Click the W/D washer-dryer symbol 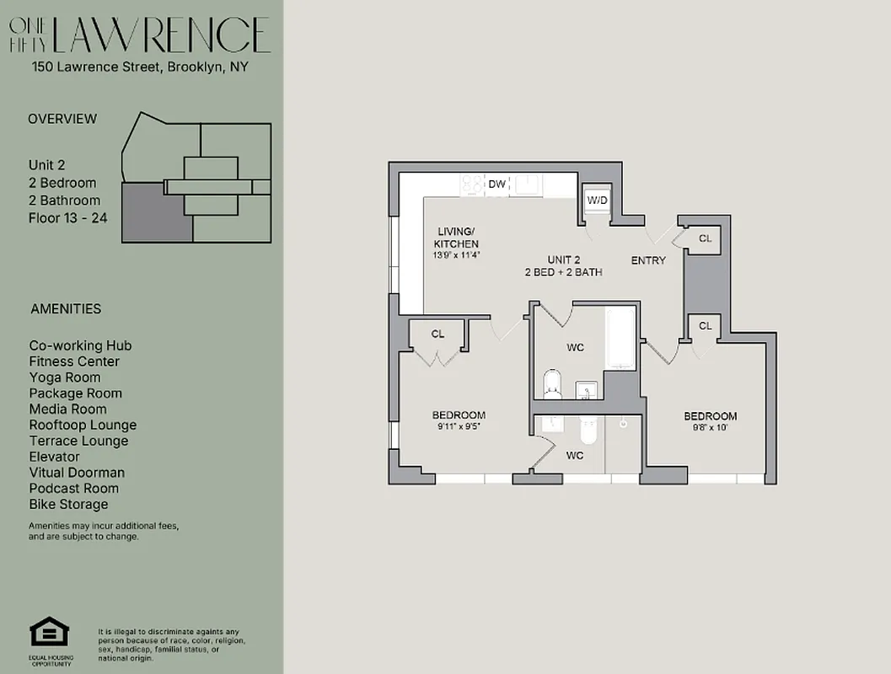click(597, 201)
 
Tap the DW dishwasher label click(497, 184)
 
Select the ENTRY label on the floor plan click(648, 260)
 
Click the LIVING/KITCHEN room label click(457, 238)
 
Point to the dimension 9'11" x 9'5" click(459, 426)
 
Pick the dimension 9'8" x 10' click(710, 427)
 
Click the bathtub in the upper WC click(621, 339)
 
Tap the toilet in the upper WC click(553, 384)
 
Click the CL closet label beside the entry click(705, 238)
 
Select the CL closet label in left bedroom click(437, 334)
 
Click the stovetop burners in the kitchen click(472, 185)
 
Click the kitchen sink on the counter click(529, 185)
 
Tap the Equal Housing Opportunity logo click(51, 634)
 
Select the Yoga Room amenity click(65, 377)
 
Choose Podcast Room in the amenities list click(74, 489)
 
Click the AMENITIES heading click(66, 309)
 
